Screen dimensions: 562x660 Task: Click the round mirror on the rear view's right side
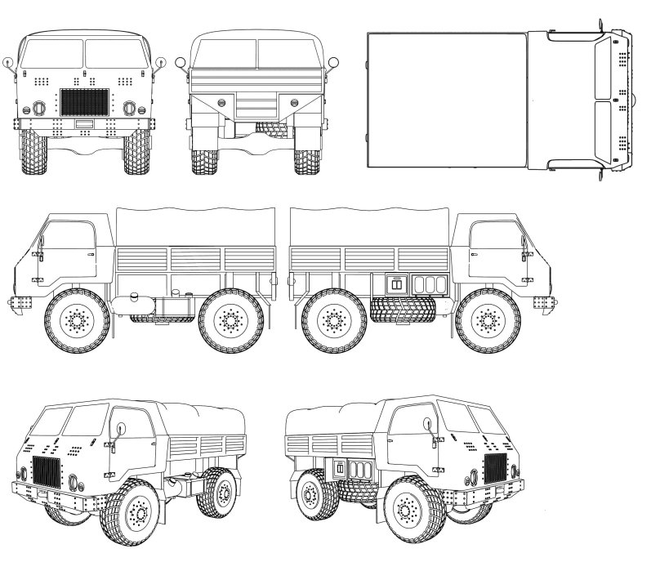(x=333, y=62)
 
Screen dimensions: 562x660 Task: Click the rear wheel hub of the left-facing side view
(x=231, y=323)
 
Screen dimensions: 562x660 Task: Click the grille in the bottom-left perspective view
(x=47, y=475)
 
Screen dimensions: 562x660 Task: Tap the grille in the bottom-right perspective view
(x=495, y=470)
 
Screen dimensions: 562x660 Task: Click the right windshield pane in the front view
(x=115, y=53)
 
